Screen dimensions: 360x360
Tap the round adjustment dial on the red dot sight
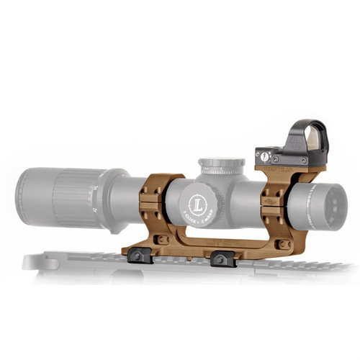[265, 156]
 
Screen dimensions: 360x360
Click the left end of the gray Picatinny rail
[32, 261]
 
